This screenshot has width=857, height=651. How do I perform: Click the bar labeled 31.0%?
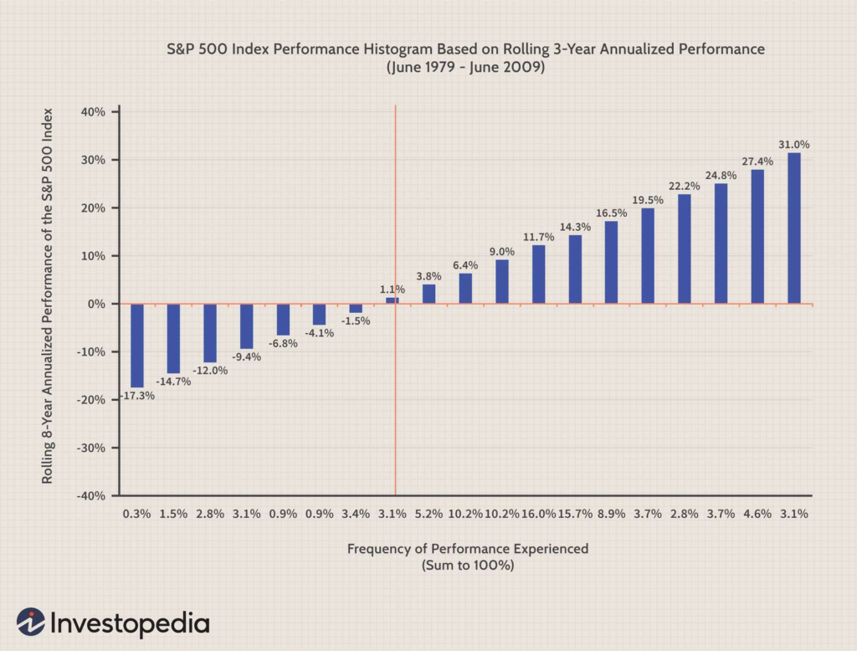click(794, 228)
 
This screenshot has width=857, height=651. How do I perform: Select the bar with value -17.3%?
click(136, 345)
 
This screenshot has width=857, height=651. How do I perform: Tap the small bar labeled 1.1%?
click(392, 300)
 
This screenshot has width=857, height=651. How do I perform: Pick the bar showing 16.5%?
click(611, 262)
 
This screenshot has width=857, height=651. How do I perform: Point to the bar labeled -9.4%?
click(246, 325)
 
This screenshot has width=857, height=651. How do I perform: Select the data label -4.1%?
click(319, 332)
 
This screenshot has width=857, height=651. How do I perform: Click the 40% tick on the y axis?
click(93, 112)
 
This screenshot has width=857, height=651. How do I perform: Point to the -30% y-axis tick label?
click(90, 448)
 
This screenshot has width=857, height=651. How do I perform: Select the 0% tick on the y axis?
click(96, 304)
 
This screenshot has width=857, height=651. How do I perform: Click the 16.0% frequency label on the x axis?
click(538, 514)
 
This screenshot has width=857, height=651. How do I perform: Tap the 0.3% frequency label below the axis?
click(136, 514)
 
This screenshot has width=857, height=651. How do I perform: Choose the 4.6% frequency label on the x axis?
click(757, 514)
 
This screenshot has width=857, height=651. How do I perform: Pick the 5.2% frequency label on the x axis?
click(428, 514)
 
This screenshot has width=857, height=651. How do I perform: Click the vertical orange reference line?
click(395, 402)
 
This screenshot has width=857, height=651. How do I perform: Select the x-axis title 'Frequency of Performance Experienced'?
click(468, 549)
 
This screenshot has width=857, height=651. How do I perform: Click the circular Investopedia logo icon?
click(31, 623)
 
